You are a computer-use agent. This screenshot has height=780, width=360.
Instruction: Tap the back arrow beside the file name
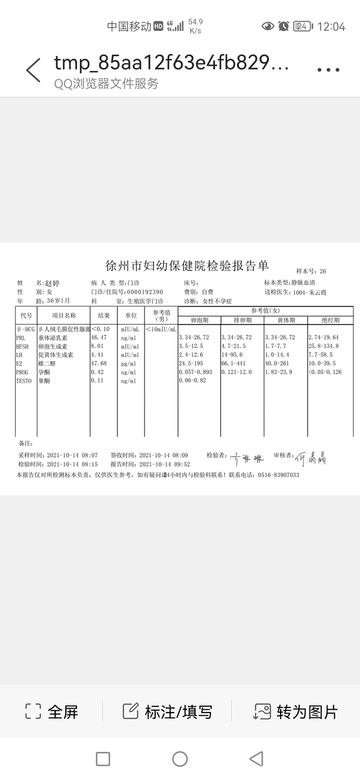[33, 70]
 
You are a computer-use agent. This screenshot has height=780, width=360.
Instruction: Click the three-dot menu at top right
[328, 70]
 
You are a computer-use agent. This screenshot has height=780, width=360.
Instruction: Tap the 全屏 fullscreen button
[52, 711]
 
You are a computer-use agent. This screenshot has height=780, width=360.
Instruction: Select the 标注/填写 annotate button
[168, 711]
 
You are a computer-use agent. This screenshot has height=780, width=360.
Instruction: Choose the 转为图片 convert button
[296, 711]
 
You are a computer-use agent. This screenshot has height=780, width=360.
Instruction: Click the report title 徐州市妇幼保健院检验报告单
[187, 266]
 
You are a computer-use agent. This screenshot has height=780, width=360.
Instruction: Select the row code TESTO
[25, 381]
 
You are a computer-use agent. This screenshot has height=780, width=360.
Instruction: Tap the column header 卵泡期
[199, 320]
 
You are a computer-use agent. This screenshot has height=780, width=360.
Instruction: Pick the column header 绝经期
[330, 320]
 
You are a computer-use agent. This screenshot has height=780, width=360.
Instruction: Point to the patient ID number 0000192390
[145, 292]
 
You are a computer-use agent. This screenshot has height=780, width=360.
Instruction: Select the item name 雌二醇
[48, 364]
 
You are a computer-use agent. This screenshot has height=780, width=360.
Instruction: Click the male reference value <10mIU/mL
[161, 329]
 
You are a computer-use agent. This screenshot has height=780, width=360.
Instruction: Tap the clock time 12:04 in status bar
[331, 26]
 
